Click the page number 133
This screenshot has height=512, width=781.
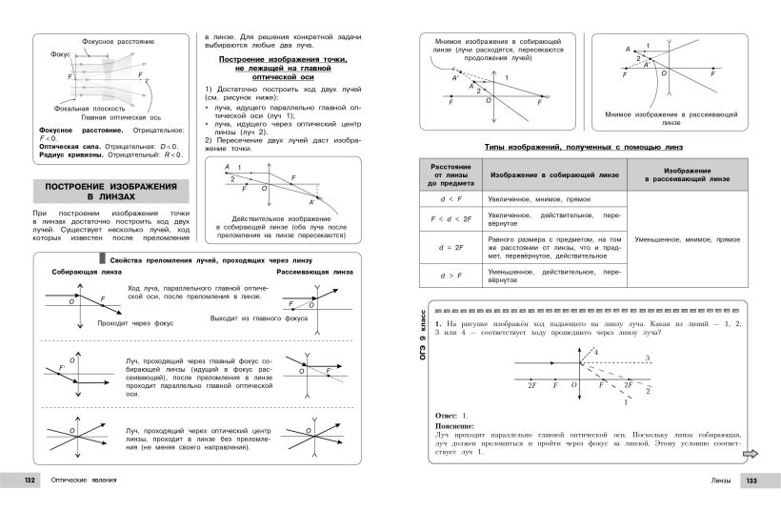coord(752,480)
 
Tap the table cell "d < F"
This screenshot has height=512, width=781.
coord(445,199)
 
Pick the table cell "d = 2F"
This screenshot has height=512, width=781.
coord(445,247)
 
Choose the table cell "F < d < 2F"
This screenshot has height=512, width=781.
coord(445,219)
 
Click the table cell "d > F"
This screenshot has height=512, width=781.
coord(445,276)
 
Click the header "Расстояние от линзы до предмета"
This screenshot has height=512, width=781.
coord(445,174)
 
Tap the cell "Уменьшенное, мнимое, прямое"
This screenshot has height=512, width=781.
coord(684,239)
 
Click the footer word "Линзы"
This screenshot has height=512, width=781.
coord(722,480)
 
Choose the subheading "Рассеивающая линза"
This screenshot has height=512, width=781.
coord(310,273)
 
